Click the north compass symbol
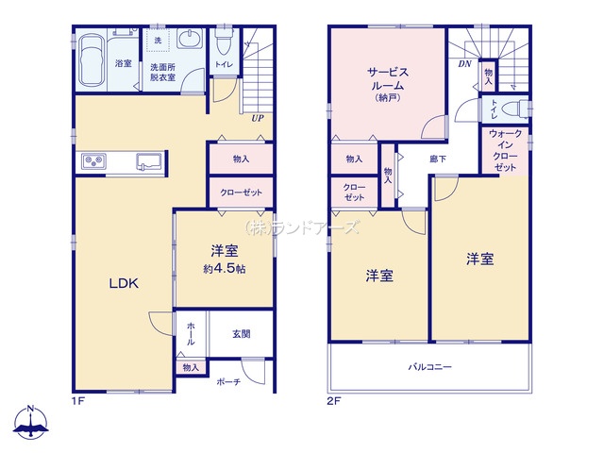click(31, 422)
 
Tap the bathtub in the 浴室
click(92, 60)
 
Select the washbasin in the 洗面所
click(190, 39)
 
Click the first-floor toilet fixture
click(223, 42)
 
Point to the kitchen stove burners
click(94, 161)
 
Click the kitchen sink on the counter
click(149, 161)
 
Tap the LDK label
click(124, 284)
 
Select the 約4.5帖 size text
click(225, 269)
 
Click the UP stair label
click(258, 118)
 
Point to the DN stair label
click(464, 64)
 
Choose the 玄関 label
click(242, 333)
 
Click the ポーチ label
click(228, 381)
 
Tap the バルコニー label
click(430, 367)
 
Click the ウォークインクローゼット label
click(505, 151)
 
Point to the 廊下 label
click(438, 159)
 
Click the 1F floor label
click(77, 401)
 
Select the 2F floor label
click(333, 401)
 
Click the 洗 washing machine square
click(158, 40)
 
